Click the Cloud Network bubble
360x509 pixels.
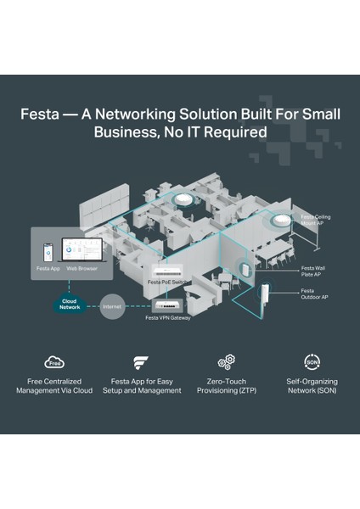[70, 305]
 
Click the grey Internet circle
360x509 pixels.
[113, 305]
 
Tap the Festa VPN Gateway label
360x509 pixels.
[168, 318]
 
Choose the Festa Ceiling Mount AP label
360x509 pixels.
[316, 221]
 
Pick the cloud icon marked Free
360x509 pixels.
[54, 362]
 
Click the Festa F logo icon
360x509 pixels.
[141, 362]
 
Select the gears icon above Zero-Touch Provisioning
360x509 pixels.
[226, 362]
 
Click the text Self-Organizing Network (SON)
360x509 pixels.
[311, 386]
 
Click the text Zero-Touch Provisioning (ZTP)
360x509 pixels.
[226, 386]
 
